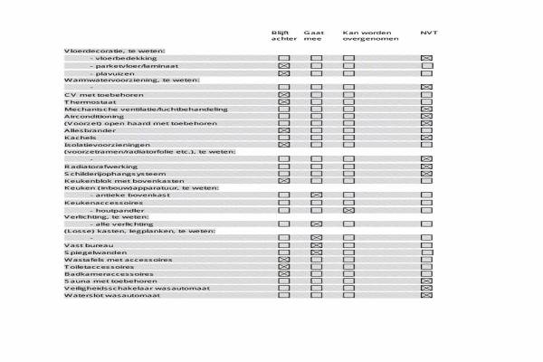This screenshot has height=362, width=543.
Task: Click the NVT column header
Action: coord(428,33)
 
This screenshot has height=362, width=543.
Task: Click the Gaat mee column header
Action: coord(314,36)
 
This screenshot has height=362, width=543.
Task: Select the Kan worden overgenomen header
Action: coord(366,36)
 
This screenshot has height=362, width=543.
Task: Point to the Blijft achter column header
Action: coord(283,36)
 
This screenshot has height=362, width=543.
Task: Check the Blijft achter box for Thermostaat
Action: coord(283,102)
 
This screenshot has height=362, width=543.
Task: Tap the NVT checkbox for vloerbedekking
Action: coord(426,58)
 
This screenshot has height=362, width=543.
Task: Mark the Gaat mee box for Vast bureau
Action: coord(316,244)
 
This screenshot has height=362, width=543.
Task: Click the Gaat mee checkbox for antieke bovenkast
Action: coord(316,195)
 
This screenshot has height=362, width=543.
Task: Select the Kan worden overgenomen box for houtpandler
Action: coord(348,210)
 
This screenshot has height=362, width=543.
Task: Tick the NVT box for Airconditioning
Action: coord(426,117)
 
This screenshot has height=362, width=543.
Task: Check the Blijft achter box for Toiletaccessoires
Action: coord(283,267)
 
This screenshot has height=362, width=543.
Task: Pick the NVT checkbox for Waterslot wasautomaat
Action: coord(426,295)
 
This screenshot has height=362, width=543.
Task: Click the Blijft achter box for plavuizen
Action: coord(283,72)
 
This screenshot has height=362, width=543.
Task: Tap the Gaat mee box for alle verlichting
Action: coord(316,224)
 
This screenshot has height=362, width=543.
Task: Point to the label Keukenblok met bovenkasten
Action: coord(112,181)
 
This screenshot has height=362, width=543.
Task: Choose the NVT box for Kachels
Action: coord(426,138)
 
